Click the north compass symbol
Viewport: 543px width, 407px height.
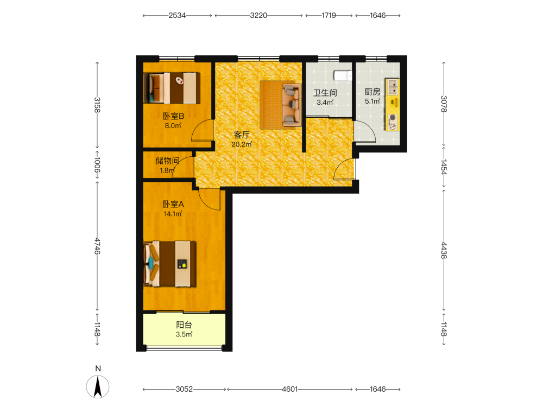[98, 386]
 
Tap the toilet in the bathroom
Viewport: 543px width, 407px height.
[343, 75]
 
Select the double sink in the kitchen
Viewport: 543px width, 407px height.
[393, 87]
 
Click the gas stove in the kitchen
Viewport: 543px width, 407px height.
[393, 122]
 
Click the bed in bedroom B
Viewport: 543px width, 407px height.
[172, 88]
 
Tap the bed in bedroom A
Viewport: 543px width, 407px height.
[169, 264]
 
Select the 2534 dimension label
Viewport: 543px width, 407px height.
[177, 16]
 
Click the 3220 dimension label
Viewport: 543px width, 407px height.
[258, 16]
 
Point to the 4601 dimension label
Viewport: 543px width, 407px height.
[289, 389]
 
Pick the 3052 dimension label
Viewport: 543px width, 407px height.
[184, 389]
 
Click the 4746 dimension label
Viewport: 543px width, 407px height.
[97, 246]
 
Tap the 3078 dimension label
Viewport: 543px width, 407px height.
[444, 104]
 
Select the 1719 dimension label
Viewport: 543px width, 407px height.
[329, 16]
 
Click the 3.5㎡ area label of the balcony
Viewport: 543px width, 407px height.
[184, 334]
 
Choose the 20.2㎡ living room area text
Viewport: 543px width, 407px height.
[242, 144]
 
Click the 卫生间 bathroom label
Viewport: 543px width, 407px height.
[325, 93]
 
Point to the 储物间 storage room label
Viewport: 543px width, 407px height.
[167, 161]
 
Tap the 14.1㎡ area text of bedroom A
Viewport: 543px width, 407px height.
[173, 214]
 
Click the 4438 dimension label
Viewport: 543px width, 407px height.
[444, 250]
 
